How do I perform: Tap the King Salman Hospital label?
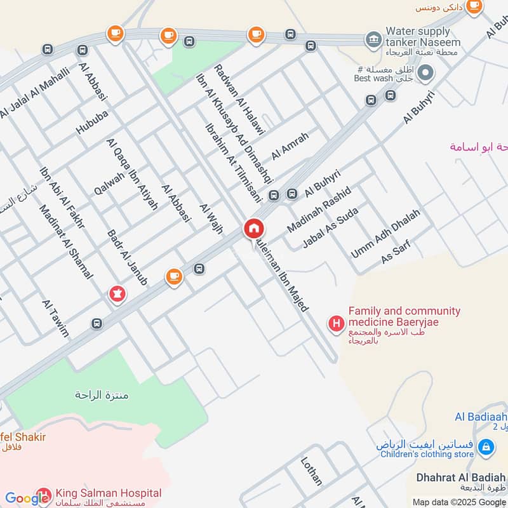click(x=108, y=493)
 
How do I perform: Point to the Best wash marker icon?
click(x=426, y=73)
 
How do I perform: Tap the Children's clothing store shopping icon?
click(x=486, y=448)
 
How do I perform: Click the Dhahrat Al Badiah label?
click(x=460, y=477)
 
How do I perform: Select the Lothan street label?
click(x=312, y=471)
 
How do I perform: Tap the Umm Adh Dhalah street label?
click(x=385, y=234)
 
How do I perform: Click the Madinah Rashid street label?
click(x=319, y=209)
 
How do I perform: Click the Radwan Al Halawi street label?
click(x=239, y=98)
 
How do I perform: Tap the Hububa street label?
click(x=93, y=121)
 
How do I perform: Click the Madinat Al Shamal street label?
click(x=65, y=241)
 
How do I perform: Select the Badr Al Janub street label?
click(x=128, y=257)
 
